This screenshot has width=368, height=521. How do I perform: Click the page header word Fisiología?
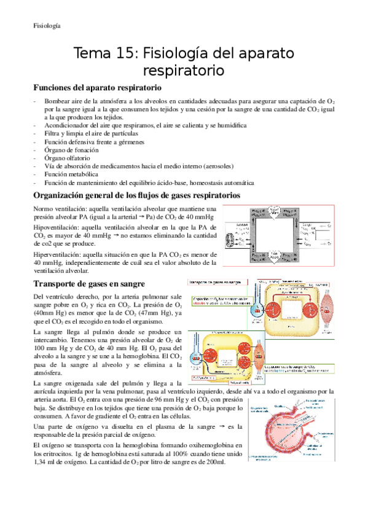click(47, 26)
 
